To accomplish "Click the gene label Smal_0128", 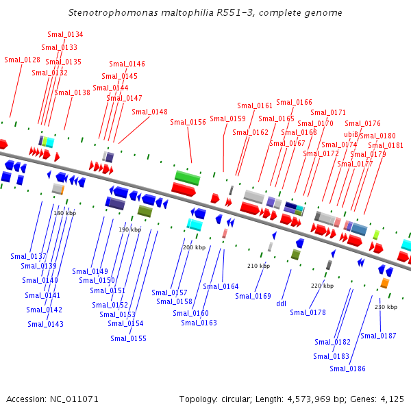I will (22, 60).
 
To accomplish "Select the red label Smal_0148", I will (149, 112).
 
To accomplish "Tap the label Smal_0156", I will (188, 122).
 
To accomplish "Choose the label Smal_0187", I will (378, 336).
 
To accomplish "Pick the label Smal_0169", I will (253, 296).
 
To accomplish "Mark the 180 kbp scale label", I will (64, 214).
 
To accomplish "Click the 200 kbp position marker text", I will (194, 247).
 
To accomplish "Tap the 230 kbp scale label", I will (386, 307).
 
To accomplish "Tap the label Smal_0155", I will (128, 338).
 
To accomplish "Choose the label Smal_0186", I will (347, 369).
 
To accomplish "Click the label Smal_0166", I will (294, 103).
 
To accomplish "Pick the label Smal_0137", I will (28, 256).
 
